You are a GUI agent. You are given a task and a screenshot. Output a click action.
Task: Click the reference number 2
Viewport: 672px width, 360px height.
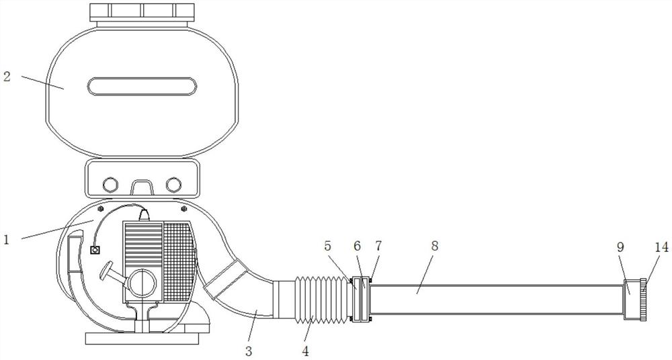coord(7,76)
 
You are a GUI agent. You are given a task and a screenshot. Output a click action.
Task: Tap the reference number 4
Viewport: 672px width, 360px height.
coord(306,350)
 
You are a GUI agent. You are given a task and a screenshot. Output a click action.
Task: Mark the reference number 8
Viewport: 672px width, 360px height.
coord(435,246)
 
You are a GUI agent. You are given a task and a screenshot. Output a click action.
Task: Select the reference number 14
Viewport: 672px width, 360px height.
coord(661,246)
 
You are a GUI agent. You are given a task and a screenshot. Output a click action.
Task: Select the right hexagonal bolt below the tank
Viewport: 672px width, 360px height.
coord(173,183)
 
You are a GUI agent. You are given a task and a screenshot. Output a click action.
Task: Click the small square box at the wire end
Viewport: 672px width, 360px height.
coord(95,250)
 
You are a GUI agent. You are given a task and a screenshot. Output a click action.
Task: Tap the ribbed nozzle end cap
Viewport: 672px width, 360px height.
coord(643,298)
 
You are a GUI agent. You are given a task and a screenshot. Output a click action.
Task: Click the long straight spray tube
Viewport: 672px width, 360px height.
coord(497,300)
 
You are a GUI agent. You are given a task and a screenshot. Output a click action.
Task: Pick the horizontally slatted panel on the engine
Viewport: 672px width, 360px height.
coord(143,245)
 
